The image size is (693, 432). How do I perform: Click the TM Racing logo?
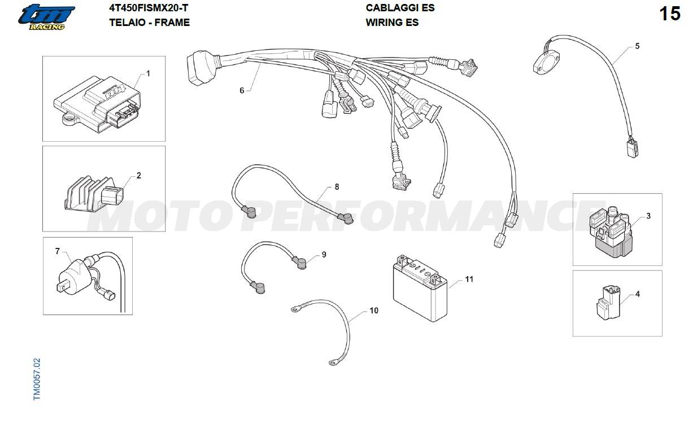[46, 18]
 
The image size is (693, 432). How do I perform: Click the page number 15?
[670, 14]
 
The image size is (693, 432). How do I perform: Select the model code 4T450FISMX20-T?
[149, 8]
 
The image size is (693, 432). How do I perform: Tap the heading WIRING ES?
[392, 23]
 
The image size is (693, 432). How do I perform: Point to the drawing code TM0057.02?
[37, 379]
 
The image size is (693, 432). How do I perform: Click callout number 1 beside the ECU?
[148, 73]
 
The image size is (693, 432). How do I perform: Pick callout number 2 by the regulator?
[138, 176]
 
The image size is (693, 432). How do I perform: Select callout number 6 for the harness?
[242, 90]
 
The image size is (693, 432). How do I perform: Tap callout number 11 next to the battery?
[469, 279]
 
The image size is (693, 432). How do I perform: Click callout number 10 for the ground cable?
[374, 311]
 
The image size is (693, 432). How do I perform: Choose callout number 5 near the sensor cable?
[637, 46]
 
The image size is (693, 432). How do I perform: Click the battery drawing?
[420, 288]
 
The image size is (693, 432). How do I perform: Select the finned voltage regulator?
[94, 194]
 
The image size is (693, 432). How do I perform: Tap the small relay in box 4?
[608, 302]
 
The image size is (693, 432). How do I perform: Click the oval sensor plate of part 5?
[546, 63]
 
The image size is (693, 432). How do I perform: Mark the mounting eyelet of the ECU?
[69, 119]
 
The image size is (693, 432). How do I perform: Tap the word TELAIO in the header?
[125, 23]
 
